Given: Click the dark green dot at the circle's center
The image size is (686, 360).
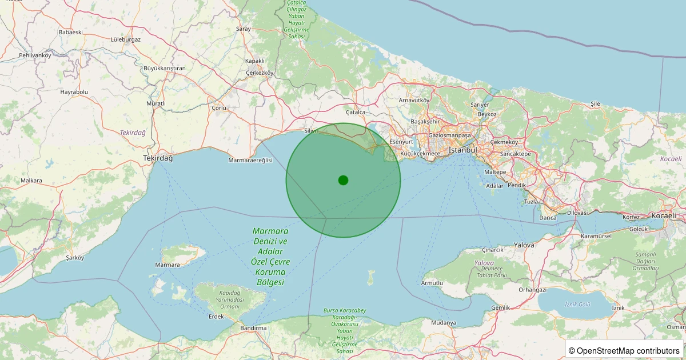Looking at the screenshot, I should click(343, 180).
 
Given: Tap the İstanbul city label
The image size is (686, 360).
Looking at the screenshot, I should click(463, 150).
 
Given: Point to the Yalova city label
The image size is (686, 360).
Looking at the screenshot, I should click(524, 245).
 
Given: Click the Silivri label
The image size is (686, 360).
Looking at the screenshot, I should click(311, 131).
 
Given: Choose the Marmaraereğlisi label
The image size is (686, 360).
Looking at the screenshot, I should click(250, 161).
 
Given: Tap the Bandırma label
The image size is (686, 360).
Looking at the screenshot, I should click(254, 328).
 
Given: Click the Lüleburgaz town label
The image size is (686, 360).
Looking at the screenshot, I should click(125, 39).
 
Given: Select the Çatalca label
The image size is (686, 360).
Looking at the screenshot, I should click(355, 113).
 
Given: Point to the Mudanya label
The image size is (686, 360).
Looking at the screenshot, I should click(443, 323).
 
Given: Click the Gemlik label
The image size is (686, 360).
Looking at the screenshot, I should click(500, 308).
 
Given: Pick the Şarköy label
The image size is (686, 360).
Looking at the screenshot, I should click(75, 258).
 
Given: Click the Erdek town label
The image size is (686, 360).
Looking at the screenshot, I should click(216, 317).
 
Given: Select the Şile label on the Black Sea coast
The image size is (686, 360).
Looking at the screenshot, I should click(595, 103).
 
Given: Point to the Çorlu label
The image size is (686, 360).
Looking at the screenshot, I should click(219, 107).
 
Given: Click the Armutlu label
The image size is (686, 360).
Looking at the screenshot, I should click(432, 283).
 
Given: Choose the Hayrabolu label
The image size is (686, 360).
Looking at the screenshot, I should click(74, 91).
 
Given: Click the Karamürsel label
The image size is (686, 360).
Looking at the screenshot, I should click(596, 236).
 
